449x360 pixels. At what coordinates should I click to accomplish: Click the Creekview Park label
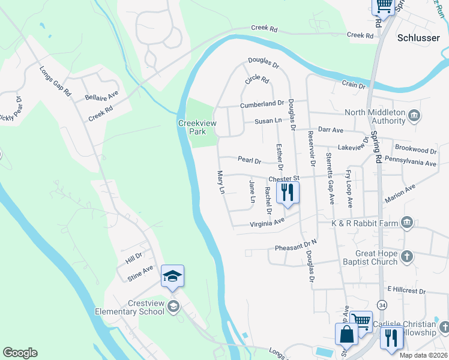pyautogui.click(x=192, y=127)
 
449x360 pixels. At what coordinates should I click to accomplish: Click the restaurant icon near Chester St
pyautogui.click(x=288, y=193)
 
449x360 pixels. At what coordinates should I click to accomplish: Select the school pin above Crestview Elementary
pyautogui.click(x=172, y=276)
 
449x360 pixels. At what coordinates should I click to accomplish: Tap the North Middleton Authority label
pyautogui.click(x=376, y=116)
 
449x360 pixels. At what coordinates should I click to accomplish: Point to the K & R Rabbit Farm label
pyautogui.click(x=364, y=223)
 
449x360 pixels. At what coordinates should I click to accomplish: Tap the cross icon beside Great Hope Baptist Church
pyautogui.click(x=407, y=257)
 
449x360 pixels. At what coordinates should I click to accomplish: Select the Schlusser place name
pyautogui.click(x=419, y=37)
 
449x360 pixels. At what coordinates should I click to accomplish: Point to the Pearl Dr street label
pyautogui.click(x=249, y=161)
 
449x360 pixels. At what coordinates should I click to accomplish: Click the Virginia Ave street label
pyautogui.click(x=267, y=223)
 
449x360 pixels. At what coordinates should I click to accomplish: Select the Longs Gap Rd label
pyautogui.click(x=56, y=82)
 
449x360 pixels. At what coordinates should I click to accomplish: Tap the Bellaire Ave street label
pyautogui.click(x=101, y=96)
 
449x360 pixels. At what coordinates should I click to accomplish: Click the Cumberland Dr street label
pyautogui.click(x=261, y=104)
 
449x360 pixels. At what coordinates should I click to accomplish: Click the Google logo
pyautogui.click(x=20, y=353)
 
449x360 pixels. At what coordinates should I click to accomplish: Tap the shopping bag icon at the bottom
pyautogui.click(x=347, y=334)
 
